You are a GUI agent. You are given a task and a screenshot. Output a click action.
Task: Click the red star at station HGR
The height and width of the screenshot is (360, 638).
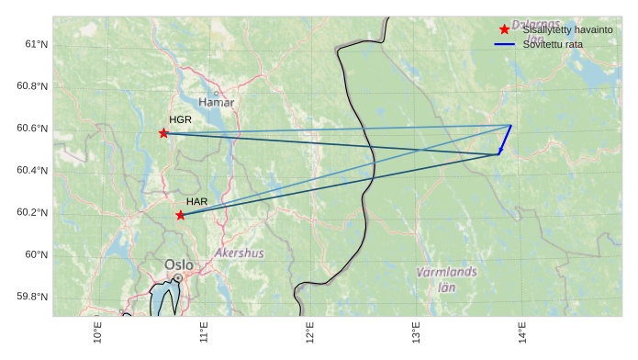(164, 133)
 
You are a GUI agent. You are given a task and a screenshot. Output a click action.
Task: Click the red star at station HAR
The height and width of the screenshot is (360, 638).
(180, 215)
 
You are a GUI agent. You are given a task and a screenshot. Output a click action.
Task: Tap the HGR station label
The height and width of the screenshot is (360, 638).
(180, 120)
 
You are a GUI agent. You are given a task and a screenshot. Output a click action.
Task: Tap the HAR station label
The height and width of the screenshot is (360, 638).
(196, 201)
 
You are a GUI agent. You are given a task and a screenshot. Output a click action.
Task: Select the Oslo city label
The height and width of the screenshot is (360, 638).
(179, 264)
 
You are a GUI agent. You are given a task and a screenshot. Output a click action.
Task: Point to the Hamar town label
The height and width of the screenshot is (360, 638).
(217, 102)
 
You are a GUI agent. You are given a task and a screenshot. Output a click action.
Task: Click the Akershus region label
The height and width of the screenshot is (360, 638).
(239, 253)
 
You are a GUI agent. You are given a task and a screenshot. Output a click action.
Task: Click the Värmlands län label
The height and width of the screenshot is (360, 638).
(446, 279)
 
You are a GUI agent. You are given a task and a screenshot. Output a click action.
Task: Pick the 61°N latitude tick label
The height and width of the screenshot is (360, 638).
(36, 44)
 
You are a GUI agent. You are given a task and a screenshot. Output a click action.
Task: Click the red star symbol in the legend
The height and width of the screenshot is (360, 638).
(504, 29)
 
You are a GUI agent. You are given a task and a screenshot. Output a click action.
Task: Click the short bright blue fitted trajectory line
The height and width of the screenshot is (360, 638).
(505, 140)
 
